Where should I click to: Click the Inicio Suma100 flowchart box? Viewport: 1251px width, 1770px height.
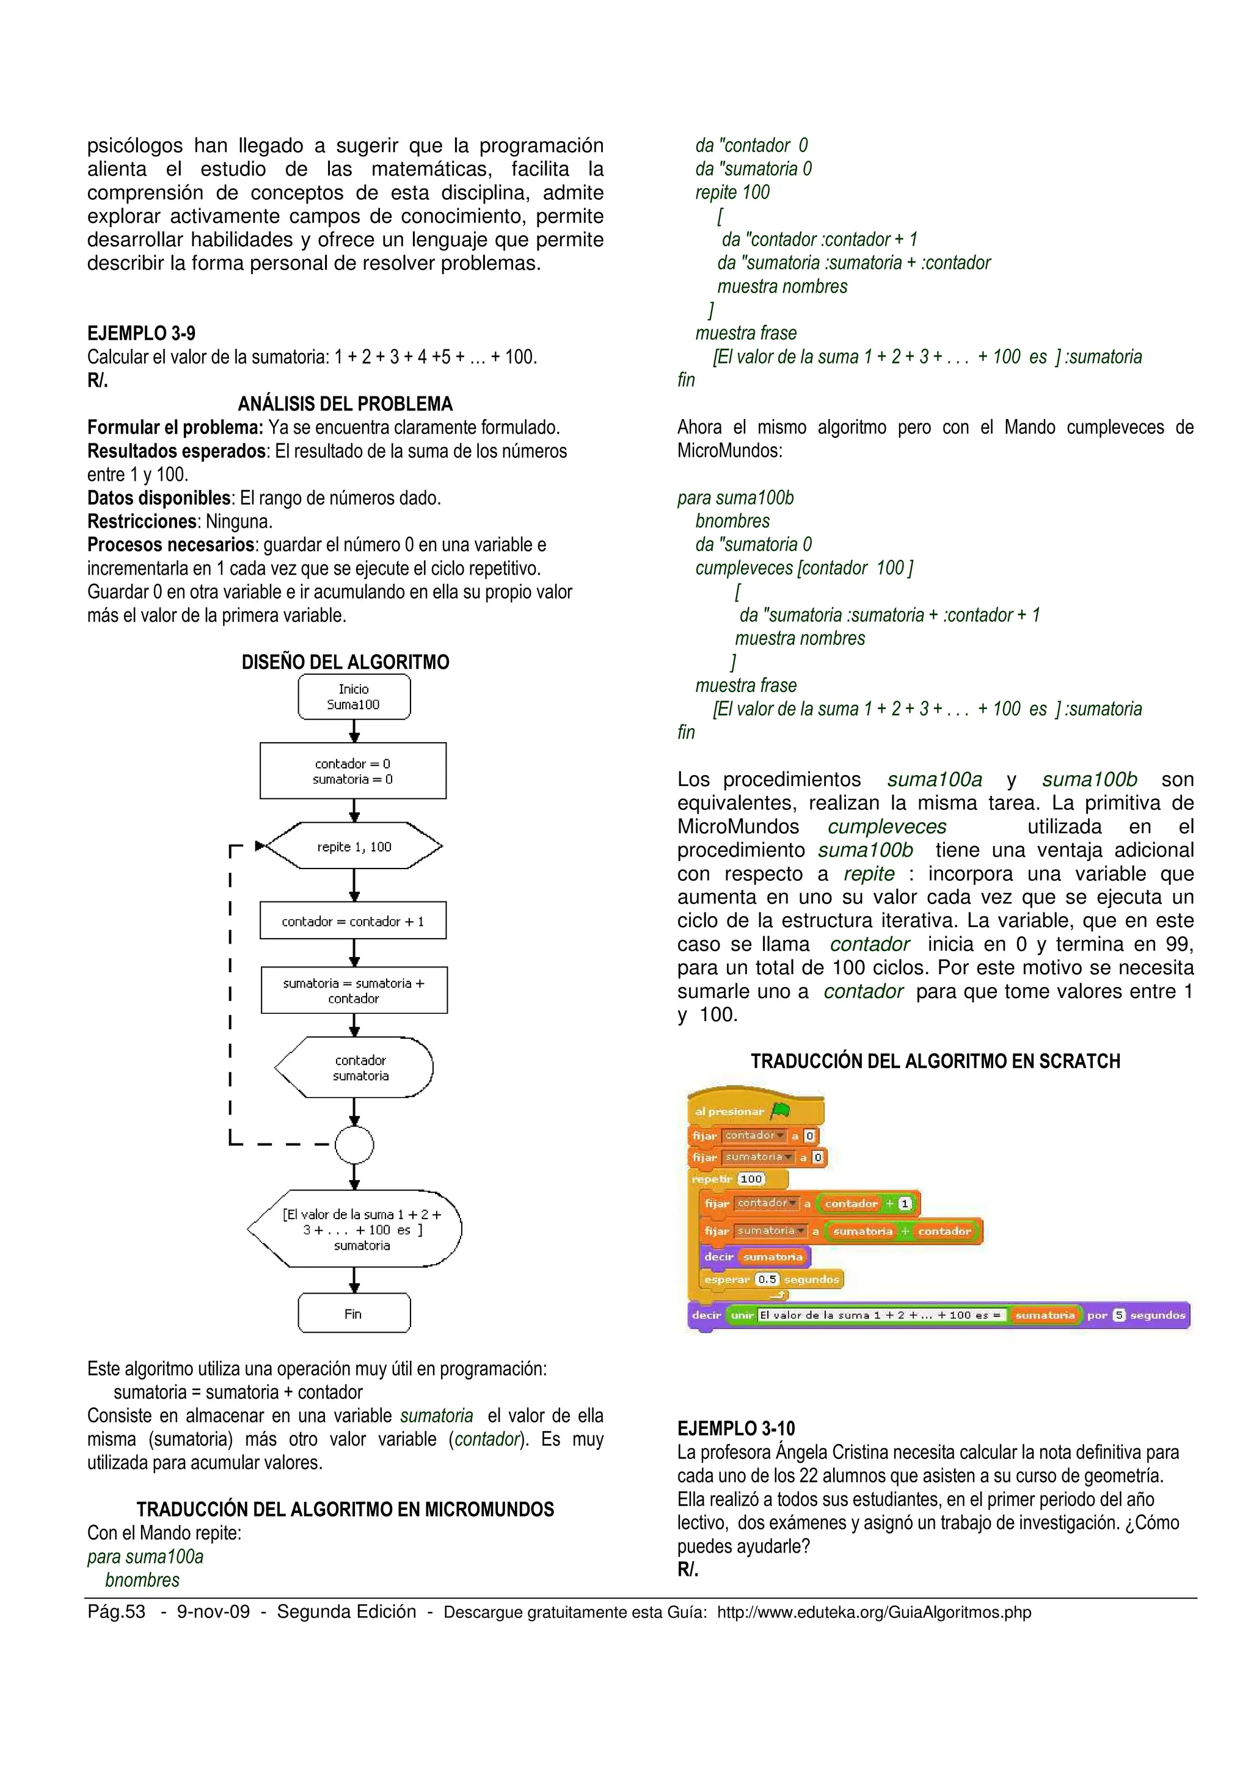(x=354, y=697)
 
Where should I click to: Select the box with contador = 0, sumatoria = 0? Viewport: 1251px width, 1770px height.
(x=353, y=771)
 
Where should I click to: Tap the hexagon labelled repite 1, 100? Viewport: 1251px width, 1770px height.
(x=354, y=847)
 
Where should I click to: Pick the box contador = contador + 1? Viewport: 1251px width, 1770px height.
(x=353, y=920)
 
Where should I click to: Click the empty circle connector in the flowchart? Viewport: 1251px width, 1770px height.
(x=354, y=1145)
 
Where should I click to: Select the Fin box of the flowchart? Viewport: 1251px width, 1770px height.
(x=354, y=1314)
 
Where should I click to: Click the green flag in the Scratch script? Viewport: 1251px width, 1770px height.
(x=781, y=1111)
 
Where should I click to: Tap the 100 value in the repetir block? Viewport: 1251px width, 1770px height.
(x=751, y=1179)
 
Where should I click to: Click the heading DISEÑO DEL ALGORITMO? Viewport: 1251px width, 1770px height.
(x=345, y=662)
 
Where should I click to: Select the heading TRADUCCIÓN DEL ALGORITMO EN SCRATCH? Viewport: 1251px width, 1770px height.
(x=935, y=1062)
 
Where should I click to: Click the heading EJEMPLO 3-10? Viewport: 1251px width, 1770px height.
(x=736, y=1429)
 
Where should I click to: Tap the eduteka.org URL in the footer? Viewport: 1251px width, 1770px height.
(x=874, y=1612)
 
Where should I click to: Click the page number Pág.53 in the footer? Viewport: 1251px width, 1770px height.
(x=117, y=1611)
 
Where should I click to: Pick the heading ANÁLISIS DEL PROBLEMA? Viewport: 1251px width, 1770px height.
(x=345, y=404)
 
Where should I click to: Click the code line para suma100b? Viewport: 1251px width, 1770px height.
(x=735, y=498)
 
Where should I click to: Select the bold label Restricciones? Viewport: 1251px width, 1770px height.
(x=142, y=521)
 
